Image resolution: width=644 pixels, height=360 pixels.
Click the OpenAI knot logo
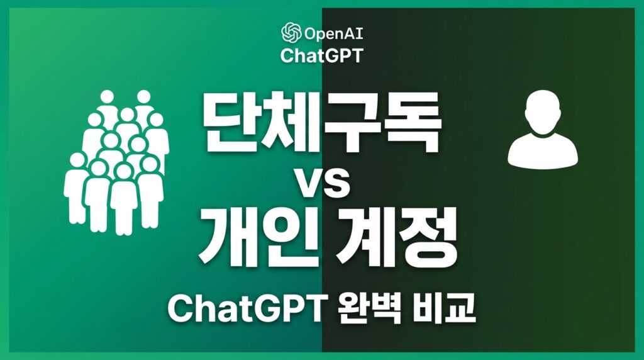(x=291, y=33)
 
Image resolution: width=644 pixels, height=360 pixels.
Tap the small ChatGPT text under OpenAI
(x=322, y=55)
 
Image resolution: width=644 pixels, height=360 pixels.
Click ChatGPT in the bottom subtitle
(x=247, y=309)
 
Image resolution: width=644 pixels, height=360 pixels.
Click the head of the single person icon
(x=543, y=112)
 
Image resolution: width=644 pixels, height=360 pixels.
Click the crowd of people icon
(x=116, y=163)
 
